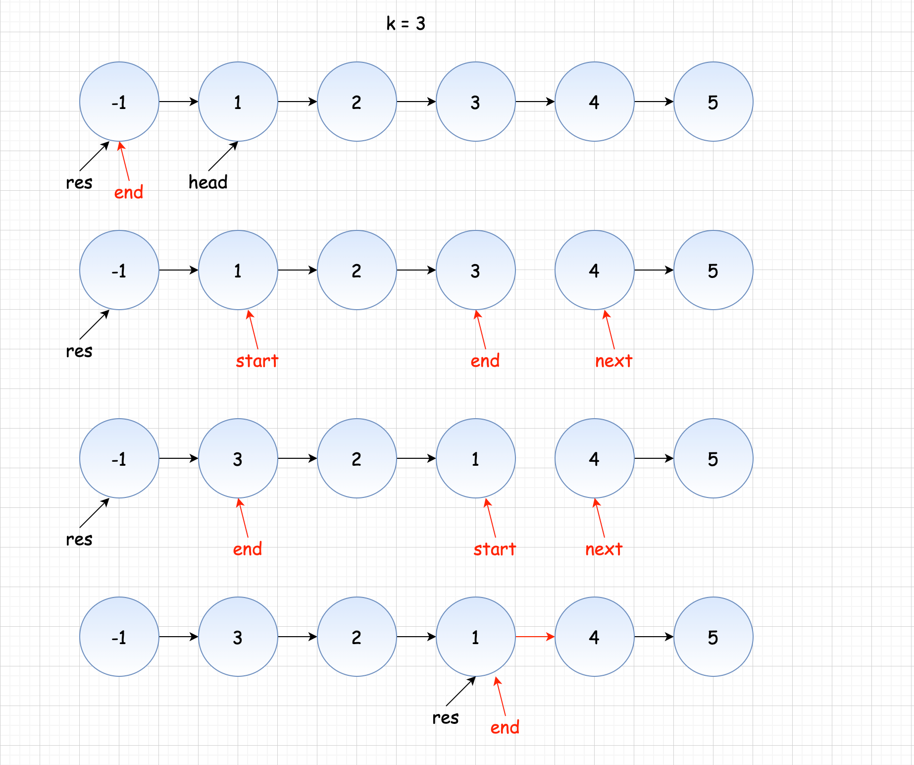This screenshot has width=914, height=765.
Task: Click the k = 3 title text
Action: (406, 23)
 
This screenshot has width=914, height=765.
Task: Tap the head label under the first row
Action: (208, 182)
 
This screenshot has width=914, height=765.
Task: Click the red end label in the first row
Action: (129, 192)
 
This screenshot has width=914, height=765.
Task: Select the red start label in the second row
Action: (257, 361)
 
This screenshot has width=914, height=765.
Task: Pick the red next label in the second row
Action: (613, 361)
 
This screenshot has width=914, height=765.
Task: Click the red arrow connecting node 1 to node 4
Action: (535, 637)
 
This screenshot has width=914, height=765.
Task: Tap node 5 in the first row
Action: (713, 102)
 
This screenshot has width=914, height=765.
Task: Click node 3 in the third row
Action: (238, 458)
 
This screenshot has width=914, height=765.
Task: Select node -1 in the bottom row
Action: (119, 637)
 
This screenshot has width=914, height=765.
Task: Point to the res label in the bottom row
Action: (445, 717)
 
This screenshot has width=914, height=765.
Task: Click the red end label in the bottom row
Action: (505, 727)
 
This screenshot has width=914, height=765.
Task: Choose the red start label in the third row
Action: (495, 549)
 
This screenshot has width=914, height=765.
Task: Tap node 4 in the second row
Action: (594, 270)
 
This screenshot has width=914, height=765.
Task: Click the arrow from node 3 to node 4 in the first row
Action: (535, 102)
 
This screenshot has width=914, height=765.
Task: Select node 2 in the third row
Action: (356, 458)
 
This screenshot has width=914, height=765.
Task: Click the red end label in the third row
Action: (247, 549)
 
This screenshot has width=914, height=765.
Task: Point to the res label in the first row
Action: (79, 182)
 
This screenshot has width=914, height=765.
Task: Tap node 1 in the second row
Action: (238, 270)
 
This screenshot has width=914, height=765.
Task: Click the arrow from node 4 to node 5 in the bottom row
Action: (654, 637)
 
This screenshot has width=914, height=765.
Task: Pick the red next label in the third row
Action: (604, 549)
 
